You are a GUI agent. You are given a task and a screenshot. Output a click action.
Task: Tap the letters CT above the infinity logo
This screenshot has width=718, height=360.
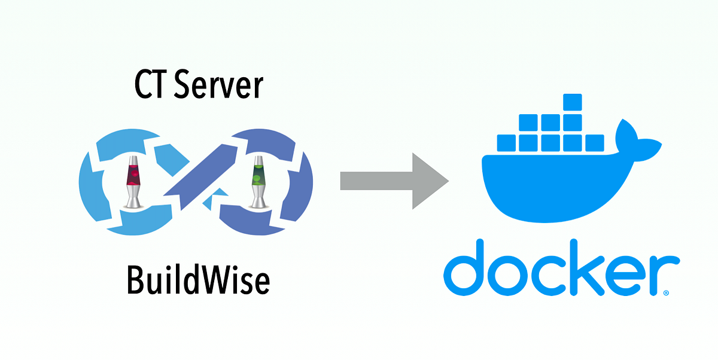click(149, 85)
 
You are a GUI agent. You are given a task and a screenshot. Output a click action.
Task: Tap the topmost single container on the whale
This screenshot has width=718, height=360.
click(572, 102)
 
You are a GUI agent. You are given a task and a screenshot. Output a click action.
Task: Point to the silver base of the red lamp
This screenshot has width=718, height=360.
click(132, 200)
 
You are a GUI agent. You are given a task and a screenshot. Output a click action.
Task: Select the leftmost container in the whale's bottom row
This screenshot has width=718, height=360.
click(506, 142)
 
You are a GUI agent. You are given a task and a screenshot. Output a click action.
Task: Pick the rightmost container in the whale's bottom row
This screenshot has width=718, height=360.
click(594, 142)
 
